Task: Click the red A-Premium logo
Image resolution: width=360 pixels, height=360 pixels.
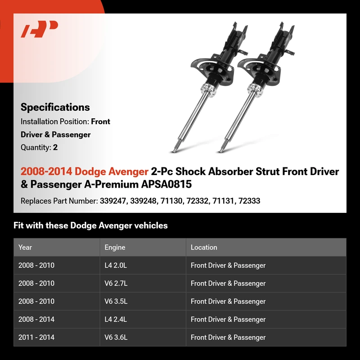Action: click(39, 29)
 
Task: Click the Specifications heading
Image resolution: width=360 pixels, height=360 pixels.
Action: click(55, 107)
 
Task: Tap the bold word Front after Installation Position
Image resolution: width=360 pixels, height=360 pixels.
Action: click(100, 121)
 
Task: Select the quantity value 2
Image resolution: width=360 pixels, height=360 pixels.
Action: click(55, 148)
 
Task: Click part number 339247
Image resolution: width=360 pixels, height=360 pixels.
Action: click(113, 201)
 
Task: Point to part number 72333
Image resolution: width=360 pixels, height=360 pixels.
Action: click(249, 201)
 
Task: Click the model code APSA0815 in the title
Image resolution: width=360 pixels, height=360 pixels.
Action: click(166, 184)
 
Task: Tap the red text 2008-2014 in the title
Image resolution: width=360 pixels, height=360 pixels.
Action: click(46, 171)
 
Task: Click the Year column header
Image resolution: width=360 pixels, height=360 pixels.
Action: click(25, 247)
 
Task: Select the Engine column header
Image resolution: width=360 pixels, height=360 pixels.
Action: click(115, 247)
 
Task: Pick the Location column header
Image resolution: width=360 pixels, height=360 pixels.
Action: click(204, 247)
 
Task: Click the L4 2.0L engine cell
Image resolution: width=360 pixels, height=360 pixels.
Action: click(116, 265)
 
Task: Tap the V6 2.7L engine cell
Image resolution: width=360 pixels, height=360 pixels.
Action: click(116, 283)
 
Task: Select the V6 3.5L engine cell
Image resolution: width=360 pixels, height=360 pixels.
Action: click(116, 301)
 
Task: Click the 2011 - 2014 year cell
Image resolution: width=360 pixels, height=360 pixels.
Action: click(36, 337)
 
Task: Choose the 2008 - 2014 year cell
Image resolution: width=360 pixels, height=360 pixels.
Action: click(36, 319)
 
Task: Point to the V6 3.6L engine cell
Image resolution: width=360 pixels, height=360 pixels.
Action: click(116, 337)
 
